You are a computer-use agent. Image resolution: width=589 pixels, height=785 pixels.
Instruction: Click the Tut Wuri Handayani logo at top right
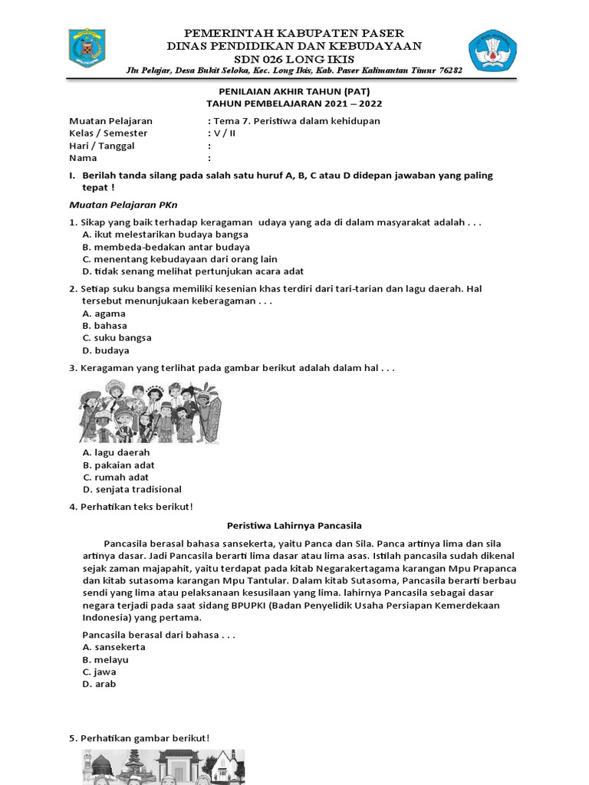pos(493,51)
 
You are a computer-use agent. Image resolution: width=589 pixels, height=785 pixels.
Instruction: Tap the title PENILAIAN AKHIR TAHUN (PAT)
pos(294,91)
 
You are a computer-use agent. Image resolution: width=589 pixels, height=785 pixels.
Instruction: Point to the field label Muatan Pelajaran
pos(110,121)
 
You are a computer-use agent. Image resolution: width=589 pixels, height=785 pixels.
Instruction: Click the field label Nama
pos(84,158)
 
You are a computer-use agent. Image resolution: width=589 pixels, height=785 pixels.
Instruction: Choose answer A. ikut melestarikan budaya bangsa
pos(165,234)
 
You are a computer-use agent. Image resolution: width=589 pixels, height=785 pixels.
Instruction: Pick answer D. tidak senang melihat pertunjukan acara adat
pos(192,271)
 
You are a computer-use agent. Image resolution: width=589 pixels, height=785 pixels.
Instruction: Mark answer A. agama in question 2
pos(104,314)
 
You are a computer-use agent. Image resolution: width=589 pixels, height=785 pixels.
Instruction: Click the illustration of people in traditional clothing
pos(150,412)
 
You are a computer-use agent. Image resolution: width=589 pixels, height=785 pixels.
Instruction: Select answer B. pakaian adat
pos(118,465)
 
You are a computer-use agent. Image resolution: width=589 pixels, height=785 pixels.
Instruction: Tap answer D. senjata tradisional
pos(132,489)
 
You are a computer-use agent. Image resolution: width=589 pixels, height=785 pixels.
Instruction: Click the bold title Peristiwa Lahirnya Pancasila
pos(294,525)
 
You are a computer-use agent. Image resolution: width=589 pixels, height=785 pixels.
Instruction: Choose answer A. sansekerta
pos(114,647)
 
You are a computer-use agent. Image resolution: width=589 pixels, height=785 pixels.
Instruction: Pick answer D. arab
pos(99,684)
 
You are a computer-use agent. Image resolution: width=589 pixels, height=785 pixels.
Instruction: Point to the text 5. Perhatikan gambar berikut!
pos(139,738)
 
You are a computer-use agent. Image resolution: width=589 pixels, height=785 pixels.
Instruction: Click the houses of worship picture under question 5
pos(163,767)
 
